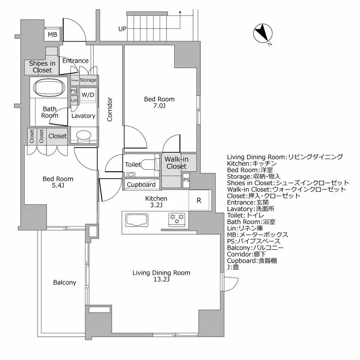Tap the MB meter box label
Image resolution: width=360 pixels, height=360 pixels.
pyautogui.click(x=52, y=35)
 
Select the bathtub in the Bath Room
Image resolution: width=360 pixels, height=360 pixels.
pyautogui.click(x=49, y=88)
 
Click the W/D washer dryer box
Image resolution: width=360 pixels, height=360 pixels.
pyautogui.click(x=88, y=95)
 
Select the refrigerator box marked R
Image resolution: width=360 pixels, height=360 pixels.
pyautogui.click(x=199, y=201)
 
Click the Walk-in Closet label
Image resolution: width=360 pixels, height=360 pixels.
pyautogui.click(x=176, y=163)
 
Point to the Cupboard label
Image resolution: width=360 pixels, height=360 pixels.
pyautogui.click(x=141, y=184)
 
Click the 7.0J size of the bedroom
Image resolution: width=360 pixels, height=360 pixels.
pyautogui.click(x=159, y=106)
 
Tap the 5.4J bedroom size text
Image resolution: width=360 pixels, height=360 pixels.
pyautogui.click(x=58, y=186)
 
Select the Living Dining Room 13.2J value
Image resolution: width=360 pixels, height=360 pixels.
pyautogui.click(x=161, y=279)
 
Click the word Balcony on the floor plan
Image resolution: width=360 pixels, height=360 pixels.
pyautogui.click(x=64, y=282)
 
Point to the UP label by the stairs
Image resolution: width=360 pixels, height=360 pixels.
pyautogui.click(x=122, y=29)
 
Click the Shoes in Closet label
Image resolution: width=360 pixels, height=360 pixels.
pyautogui.click(x=42, y=66)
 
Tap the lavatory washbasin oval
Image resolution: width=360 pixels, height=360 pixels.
pyautogui.click(x=85, y=135)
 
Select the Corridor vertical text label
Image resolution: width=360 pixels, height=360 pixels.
pyautogui.click(x=110, y=109)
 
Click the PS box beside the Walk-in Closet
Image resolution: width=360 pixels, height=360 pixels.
pyautogui.click(x=186, y=180)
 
